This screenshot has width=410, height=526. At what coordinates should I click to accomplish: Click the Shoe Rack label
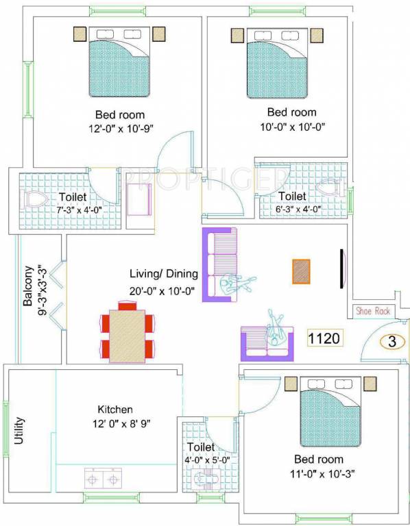[373, 311]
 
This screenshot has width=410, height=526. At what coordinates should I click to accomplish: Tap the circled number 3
[392, 342]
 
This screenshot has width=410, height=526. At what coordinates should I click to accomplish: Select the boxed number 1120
[324, 338]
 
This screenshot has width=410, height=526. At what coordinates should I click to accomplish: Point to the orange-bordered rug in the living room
[301, 271]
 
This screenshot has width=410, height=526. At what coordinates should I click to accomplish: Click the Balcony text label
[28, 286]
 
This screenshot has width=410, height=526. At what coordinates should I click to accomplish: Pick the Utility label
[19, 430]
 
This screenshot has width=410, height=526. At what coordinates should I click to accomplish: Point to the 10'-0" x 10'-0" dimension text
[291, 126]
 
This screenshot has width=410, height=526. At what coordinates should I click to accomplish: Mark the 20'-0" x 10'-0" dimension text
[163, 291]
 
